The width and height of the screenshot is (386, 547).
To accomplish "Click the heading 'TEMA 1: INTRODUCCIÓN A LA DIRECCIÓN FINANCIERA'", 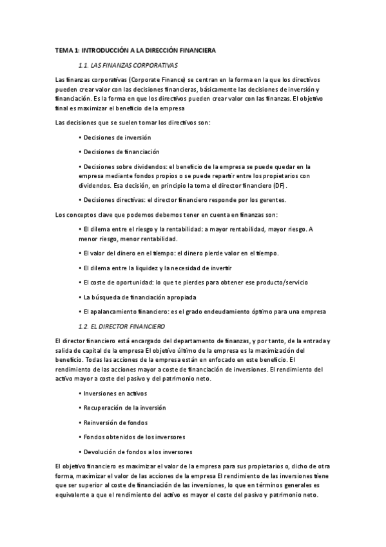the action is pos(135,50).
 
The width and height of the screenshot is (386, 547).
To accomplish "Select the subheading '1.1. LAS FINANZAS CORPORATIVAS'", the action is pos(128,65).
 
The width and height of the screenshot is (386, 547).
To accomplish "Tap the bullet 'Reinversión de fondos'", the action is pos(115,423).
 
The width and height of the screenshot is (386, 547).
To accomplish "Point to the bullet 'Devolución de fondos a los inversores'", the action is pos(137,452).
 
